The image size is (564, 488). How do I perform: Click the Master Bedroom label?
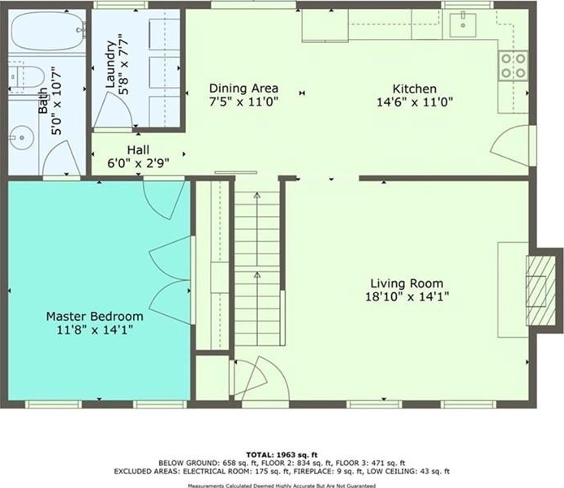95,317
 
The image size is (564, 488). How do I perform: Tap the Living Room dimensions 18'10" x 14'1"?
407,297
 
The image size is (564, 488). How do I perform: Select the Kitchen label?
415,89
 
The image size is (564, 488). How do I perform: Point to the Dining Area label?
243,89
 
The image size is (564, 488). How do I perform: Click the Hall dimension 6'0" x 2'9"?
139,163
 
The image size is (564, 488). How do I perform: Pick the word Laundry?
111,64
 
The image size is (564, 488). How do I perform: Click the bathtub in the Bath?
48,31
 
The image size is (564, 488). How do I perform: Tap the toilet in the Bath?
26,78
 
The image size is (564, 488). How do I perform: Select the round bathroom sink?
21,137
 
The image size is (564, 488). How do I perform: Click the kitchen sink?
463,25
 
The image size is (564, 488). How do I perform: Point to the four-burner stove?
513,66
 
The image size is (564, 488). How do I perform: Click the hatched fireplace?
540,291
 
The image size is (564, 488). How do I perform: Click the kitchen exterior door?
513,146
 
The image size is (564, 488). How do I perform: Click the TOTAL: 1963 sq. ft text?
282,455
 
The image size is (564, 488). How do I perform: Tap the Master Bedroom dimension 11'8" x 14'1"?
95,330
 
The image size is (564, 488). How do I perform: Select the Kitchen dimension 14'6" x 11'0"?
415,102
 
